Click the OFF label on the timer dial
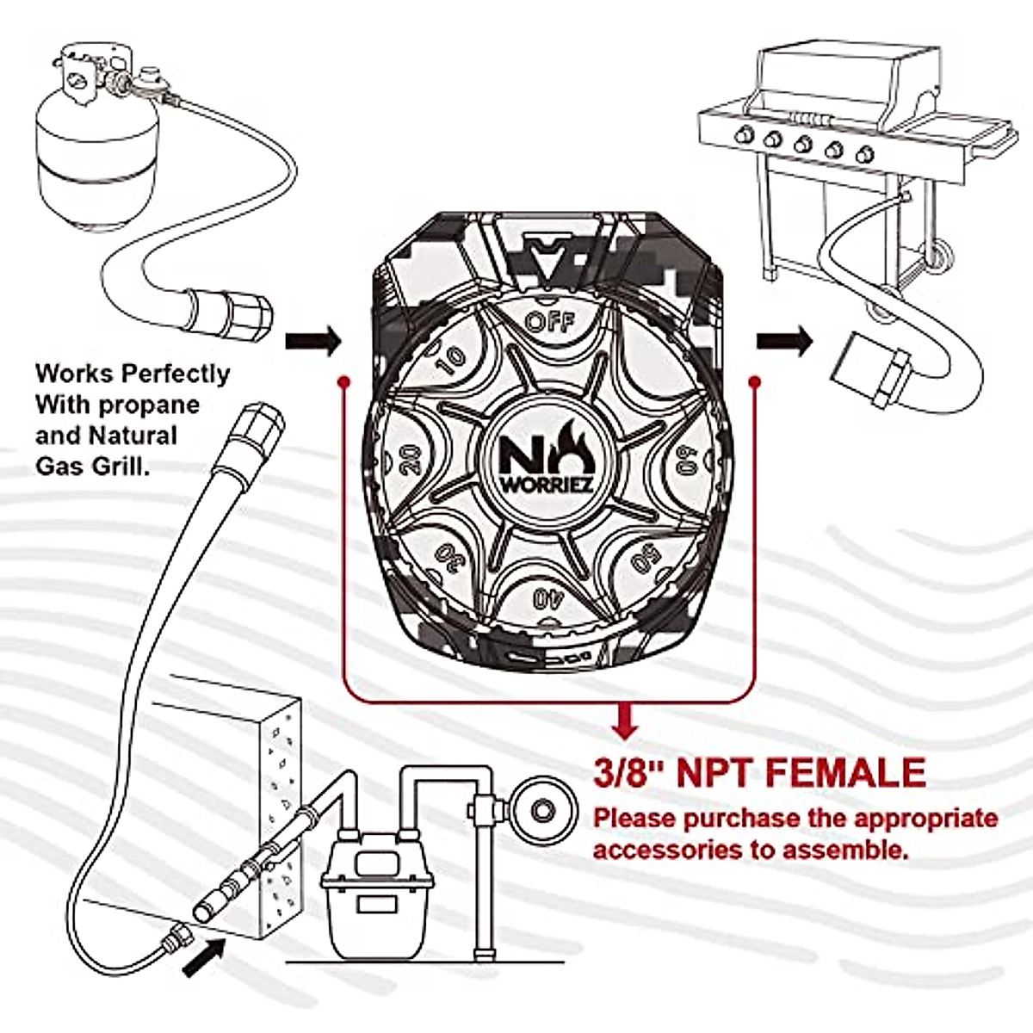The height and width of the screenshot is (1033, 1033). point(548,322)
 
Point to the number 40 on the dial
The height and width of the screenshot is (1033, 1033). point(543,598)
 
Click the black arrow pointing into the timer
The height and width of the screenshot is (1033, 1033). point(313,341)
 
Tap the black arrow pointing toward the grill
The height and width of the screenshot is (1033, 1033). point(784,341)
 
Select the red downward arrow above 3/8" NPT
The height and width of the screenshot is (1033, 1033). point(626,721)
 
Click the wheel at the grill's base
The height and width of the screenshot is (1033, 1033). point(939,255)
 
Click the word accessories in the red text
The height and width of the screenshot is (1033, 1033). point(678,851)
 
